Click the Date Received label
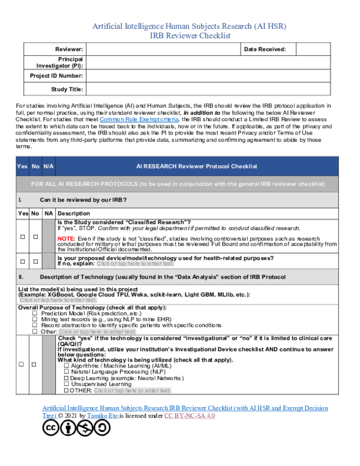point(265,49)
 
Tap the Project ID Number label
point(56,76)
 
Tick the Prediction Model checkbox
point(35,313)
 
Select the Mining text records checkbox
point(35,319)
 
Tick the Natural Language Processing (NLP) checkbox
point(67,372)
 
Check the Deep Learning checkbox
point(67,378)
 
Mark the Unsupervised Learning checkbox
point(67,384)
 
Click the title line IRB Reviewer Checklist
point(190,36)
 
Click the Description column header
point(74,213)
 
